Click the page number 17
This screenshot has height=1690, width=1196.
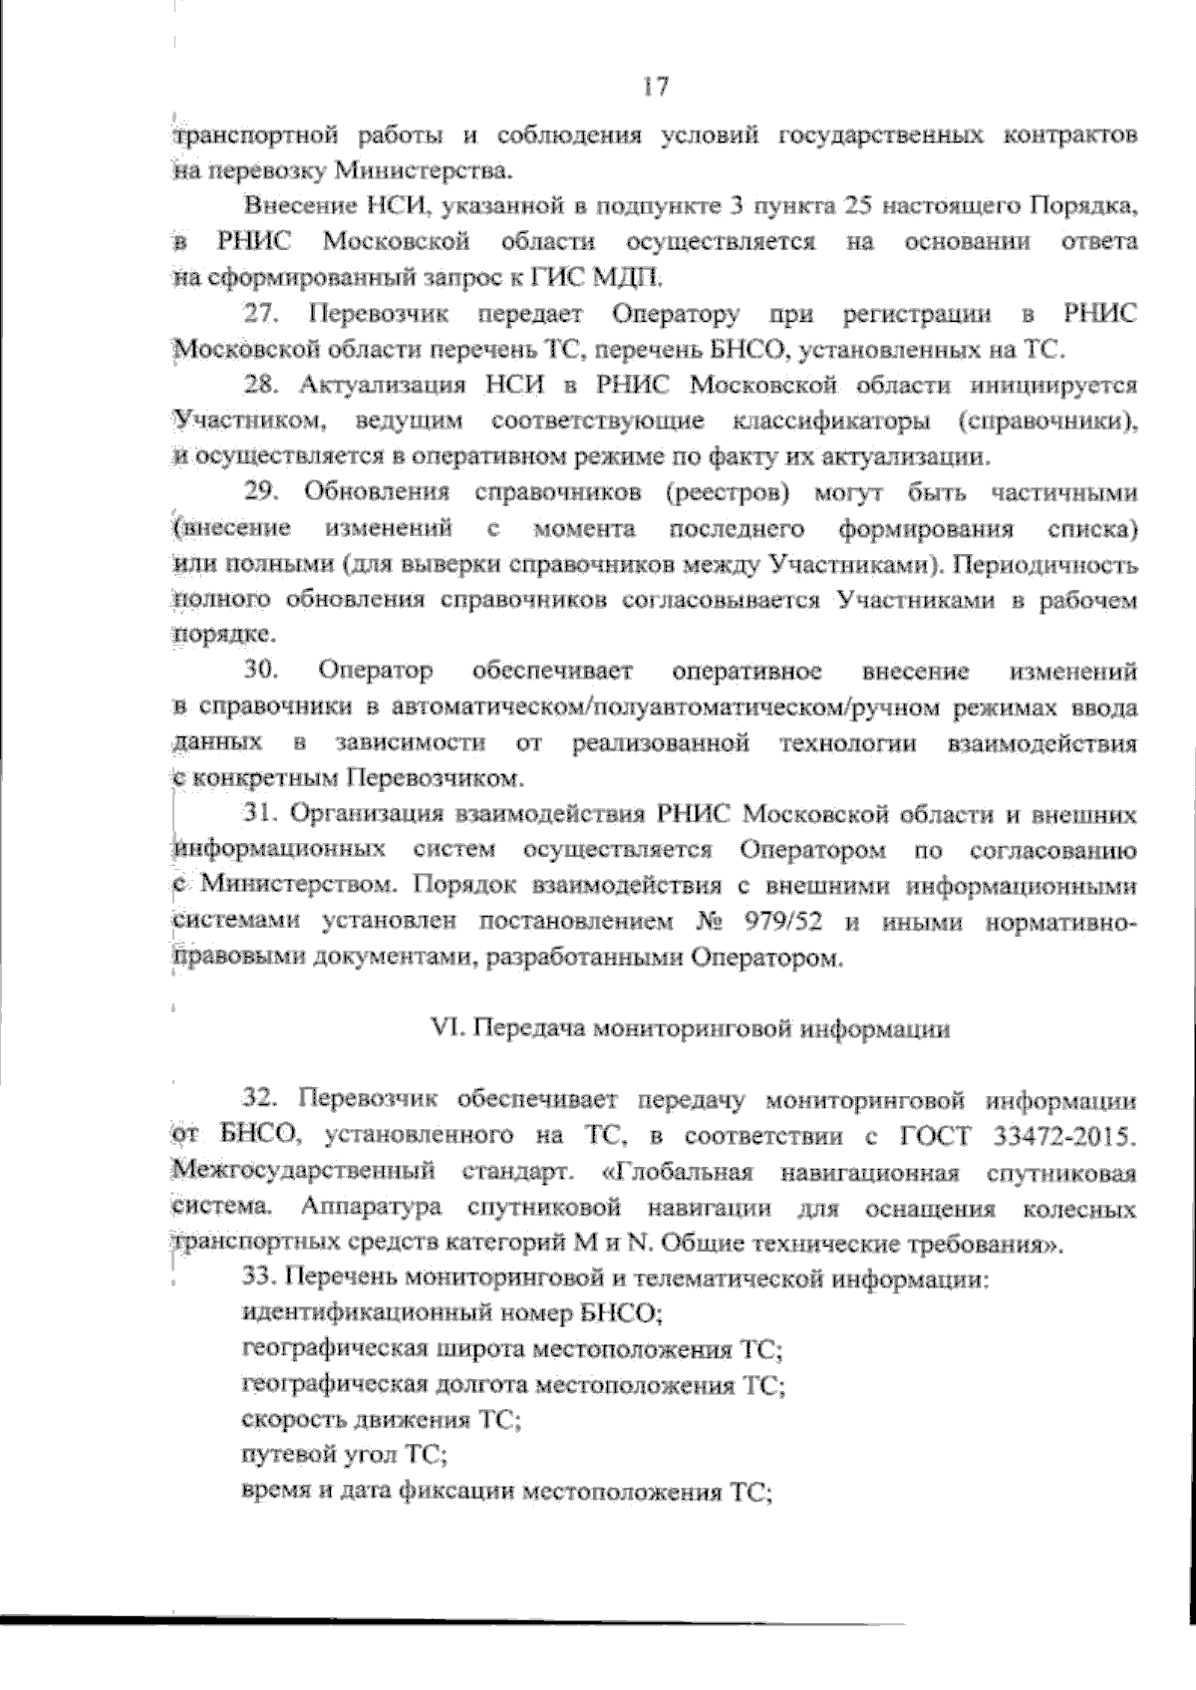point(655,87)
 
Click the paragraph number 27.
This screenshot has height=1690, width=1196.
point(261,315)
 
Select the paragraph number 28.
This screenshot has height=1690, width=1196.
point(261,386)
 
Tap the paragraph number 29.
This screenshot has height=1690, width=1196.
point(261,492)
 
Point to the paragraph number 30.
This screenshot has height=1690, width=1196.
point(261,671)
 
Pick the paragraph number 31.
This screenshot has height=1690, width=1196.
point(261,814)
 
